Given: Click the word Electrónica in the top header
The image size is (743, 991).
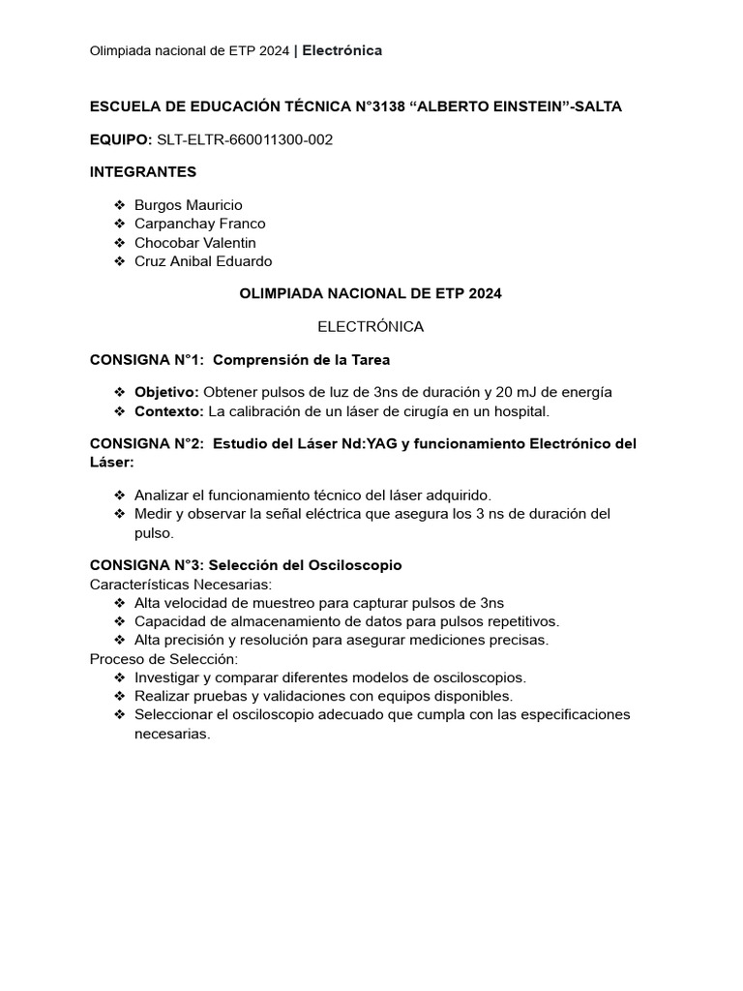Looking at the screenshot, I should tap(342, 50).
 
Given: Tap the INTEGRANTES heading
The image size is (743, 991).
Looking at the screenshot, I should tap(143, 172).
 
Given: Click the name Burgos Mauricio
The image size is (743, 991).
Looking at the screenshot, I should tap(189, 205).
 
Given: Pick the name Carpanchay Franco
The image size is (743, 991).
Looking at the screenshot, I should tap(200, 224).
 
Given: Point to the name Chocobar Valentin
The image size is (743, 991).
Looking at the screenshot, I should tap(195, 243).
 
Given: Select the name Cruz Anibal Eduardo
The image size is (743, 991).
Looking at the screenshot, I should tap(203, 261).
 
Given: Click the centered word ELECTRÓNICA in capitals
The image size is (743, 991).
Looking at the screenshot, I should tap(371, 326).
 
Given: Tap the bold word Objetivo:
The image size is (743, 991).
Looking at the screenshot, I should tap(166, 392).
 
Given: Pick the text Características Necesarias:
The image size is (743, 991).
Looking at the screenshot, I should tap(181, 585).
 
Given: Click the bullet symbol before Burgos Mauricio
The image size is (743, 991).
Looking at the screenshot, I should tap(120, 205).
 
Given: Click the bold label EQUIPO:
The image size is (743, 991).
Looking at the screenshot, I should tap(121, 139).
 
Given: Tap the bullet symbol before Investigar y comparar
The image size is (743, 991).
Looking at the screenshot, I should tap(120, 677).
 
